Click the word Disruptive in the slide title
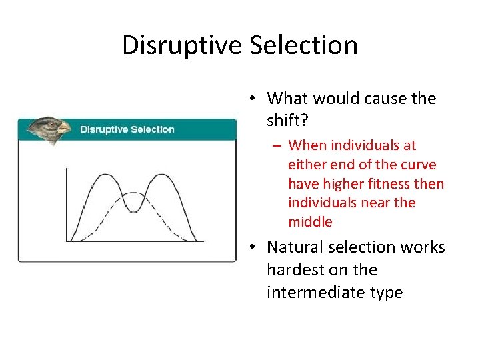(181, 45)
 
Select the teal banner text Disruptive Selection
(127, 129)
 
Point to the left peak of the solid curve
(102, 175)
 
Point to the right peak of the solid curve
(165, 175)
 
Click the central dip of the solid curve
(133, 212)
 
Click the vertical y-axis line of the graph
(66, 203)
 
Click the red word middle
(310, 221)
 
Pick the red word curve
(417, 164)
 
